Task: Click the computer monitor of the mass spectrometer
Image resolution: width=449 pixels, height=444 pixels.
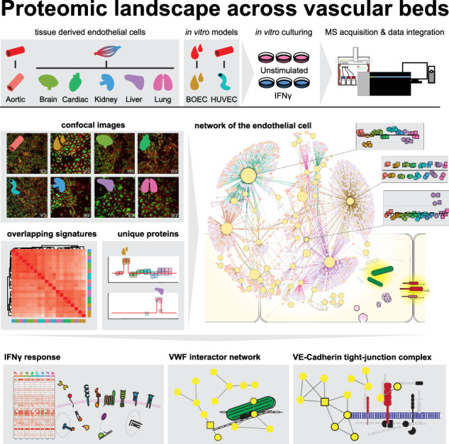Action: tap(414, 70)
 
